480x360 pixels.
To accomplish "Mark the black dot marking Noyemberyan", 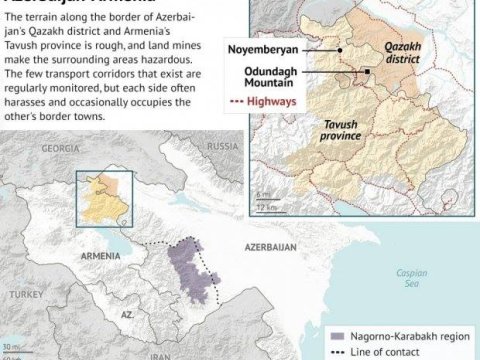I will click(340, 50).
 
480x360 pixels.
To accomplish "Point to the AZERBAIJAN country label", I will click(261, 243).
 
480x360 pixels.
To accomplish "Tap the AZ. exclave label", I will click(126, 314).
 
